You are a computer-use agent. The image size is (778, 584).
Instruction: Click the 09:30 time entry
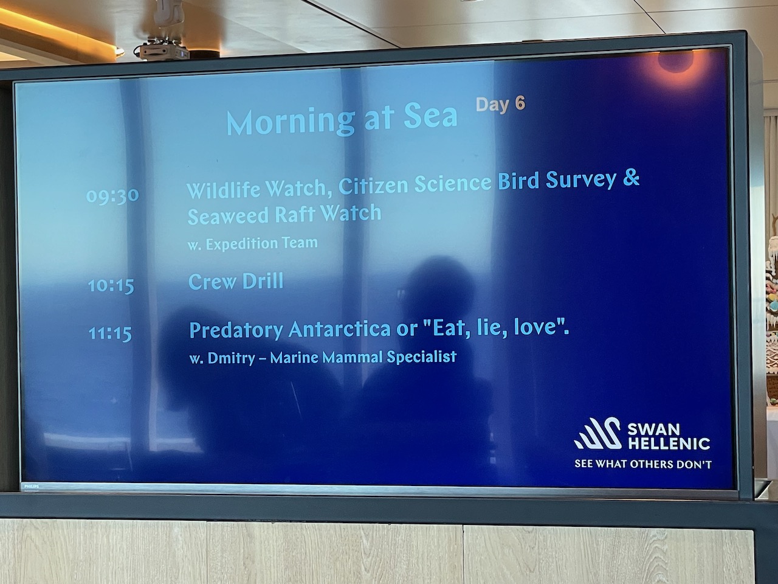point(112,195)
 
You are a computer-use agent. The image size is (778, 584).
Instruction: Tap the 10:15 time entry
point(111,285)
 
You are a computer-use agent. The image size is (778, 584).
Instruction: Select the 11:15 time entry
point(110,333)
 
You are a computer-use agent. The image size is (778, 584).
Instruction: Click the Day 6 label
point(500,105)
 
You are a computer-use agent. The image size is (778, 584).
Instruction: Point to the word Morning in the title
point(291,123)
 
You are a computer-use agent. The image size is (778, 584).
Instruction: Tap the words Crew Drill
point(236,282)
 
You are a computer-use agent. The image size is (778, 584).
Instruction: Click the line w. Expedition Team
point(252,244)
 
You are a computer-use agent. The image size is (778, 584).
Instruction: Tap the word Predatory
point(236,330)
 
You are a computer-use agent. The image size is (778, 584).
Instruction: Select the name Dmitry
point(231,358)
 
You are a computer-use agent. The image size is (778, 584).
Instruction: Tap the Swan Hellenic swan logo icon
point(597,433)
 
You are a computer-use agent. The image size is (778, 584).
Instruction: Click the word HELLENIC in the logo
point(669,443)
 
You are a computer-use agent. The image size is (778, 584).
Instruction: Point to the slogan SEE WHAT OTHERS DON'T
point(643,464)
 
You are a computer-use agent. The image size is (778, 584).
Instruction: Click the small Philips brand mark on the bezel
point(32,487)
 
